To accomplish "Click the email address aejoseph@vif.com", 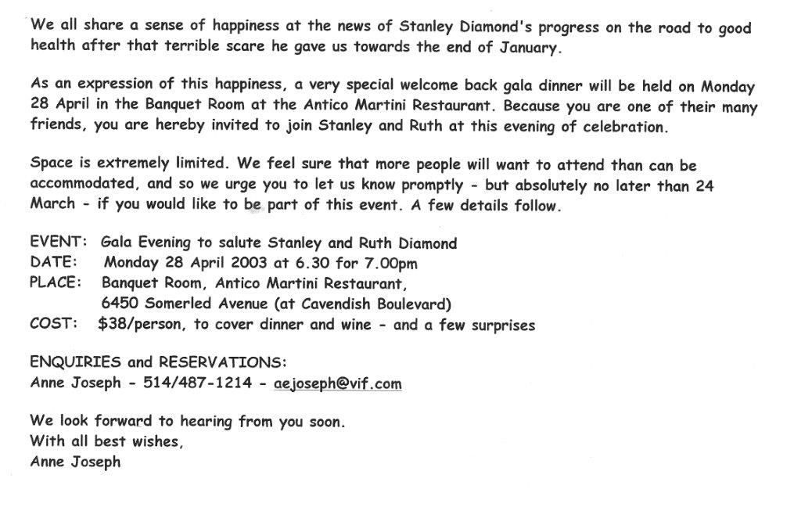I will pyautogui.click(x=338, y=383).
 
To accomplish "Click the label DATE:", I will pyautogui.click(x=53, y=263).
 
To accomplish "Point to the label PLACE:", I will pyautogui.click(x=55, y=282).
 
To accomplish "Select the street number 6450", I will pyautogui.click(x=120, y=303).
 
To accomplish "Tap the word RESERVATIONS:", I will pyautogui.click(x=223, y=363).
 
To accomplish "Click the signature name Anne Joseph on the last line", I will pyautogui.click(x=75, y=462).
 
